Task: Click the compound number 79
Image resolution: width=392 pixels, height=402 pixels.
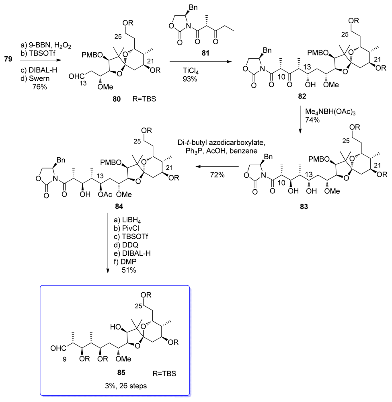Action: (9, 60)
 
